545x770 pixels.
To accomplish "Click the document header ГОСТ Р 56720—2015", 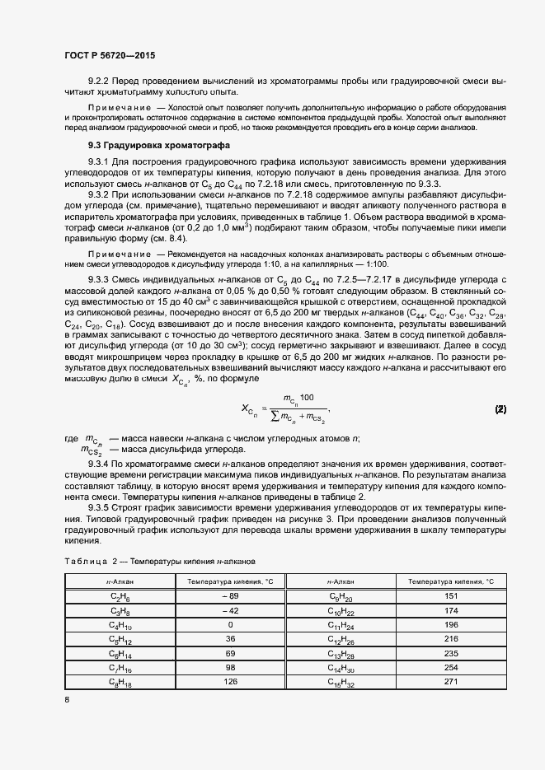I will [x=109, y=55].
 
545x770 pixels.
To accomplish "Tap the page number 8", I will [x=67, y=699].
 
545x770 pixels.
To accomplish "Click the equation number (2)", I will [x=500, y=409].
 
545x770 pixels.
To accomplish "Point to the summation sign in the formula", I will [x=275, y=418].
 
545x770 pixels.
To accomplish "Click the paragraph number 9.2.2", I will [x=101, y=82].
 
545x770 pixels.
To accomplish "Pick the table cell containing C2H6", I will [x=120, y=595].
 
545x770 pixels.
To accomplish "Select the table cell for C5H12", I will [x=120, y=639].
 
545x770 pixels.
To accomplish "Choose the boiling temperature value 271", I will [x=450, y=682].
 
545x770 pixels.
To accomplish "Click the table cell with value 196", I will [x=450, y=624].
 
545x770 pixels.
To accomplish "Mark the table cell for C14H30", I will [x=341, y=668].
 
